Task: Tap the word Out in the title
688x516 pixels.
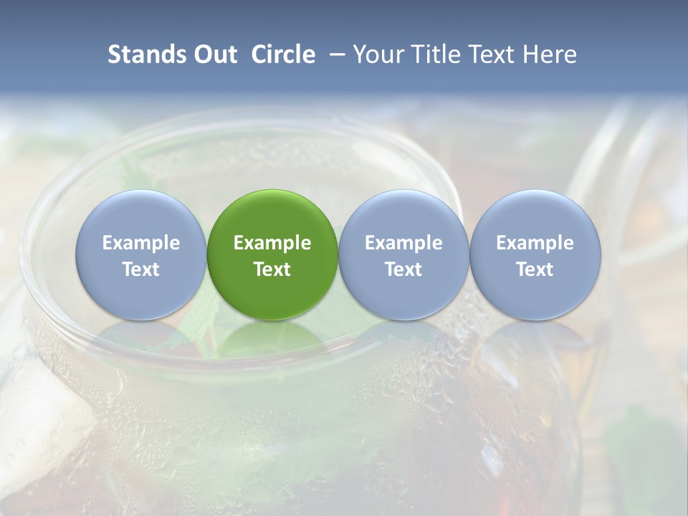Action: (214, 54)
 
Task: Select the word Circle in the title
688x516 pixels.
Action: (283, 54)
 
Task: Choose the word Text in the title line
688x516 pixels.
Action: (494, 54)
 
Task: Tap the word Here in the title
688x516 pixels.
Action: (550, 54)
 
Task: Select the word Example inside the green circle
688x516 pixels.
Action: (272, 243)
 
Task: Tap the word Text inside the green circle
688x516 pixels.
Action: (272, 269)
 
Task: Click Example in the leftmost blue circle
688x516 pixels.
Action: (140, 243)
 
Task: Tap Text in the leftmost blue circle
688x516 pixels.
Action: (140, 269)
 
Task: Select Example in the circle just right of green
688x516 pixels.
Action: (403, 243)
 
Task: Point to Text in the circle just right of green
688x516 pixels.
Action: (403, 269)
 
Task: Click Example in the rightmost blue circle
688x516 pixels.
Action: (535, 243)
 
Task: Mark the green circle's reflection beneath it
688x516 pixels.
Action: (272, 340)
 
